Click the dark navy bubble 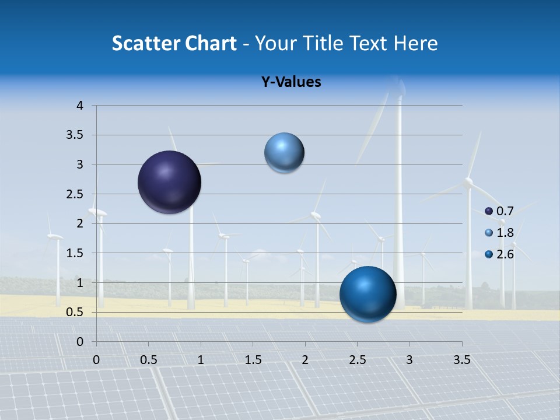[169, 182]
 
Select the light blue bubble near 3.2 [284, 153]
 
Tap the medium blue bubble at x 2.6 [367, 294]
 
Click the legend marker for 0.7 [489, 211]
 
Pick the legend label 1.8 [505, 233]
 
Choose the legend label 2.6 [505, 254]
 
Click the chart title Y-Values [291, 82]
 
